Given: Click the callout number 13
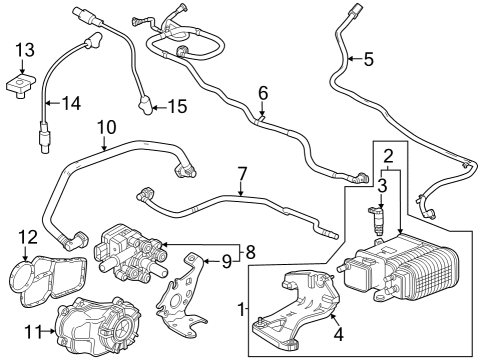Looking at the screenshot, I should pos(24,50).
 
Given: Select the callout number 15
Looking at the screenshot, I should pos(176,105).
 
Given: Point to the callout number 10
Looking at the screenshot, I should pos(106,127).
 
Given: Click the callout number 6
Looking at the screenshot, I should pos(262,93).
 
